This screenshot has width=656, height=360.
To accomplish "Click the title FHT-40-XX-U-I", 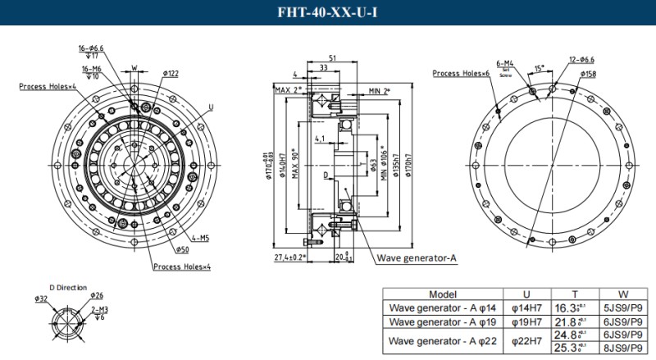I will (327, 12).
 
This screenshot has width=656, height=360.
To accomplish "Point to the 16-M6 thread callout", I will (90, 69).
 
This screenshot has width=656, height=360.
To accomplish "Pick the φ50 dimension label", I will (181, 249).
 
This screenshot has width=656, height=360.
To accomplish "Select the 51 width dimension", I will (331, 58).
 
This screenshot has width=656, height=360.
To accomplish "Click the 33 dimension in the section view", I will (326, 69).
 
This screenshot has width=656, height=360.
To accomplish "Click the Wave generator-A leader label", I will (416, 258).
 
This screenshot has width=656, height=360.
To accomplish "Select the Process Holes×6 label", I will (461, 74).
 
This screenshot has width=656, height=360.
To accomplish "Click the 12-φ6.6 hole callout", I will (584, 58).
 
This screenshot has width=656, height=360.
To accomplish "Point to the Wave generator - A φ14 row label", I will (443, 308).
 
